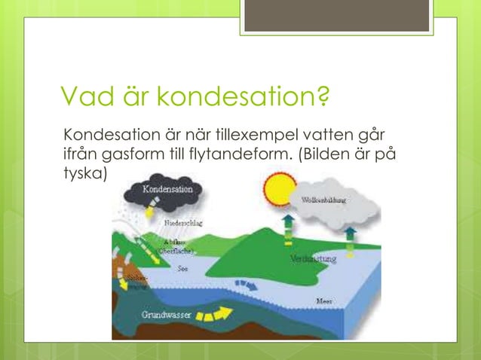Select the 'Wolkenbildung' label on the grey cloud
(x=324, y=200)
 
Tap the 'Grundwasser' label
(x=166, y=314)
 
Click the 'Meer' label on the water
(x=326, y=301)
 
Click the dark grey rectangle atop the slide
(x=336, y=16)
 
